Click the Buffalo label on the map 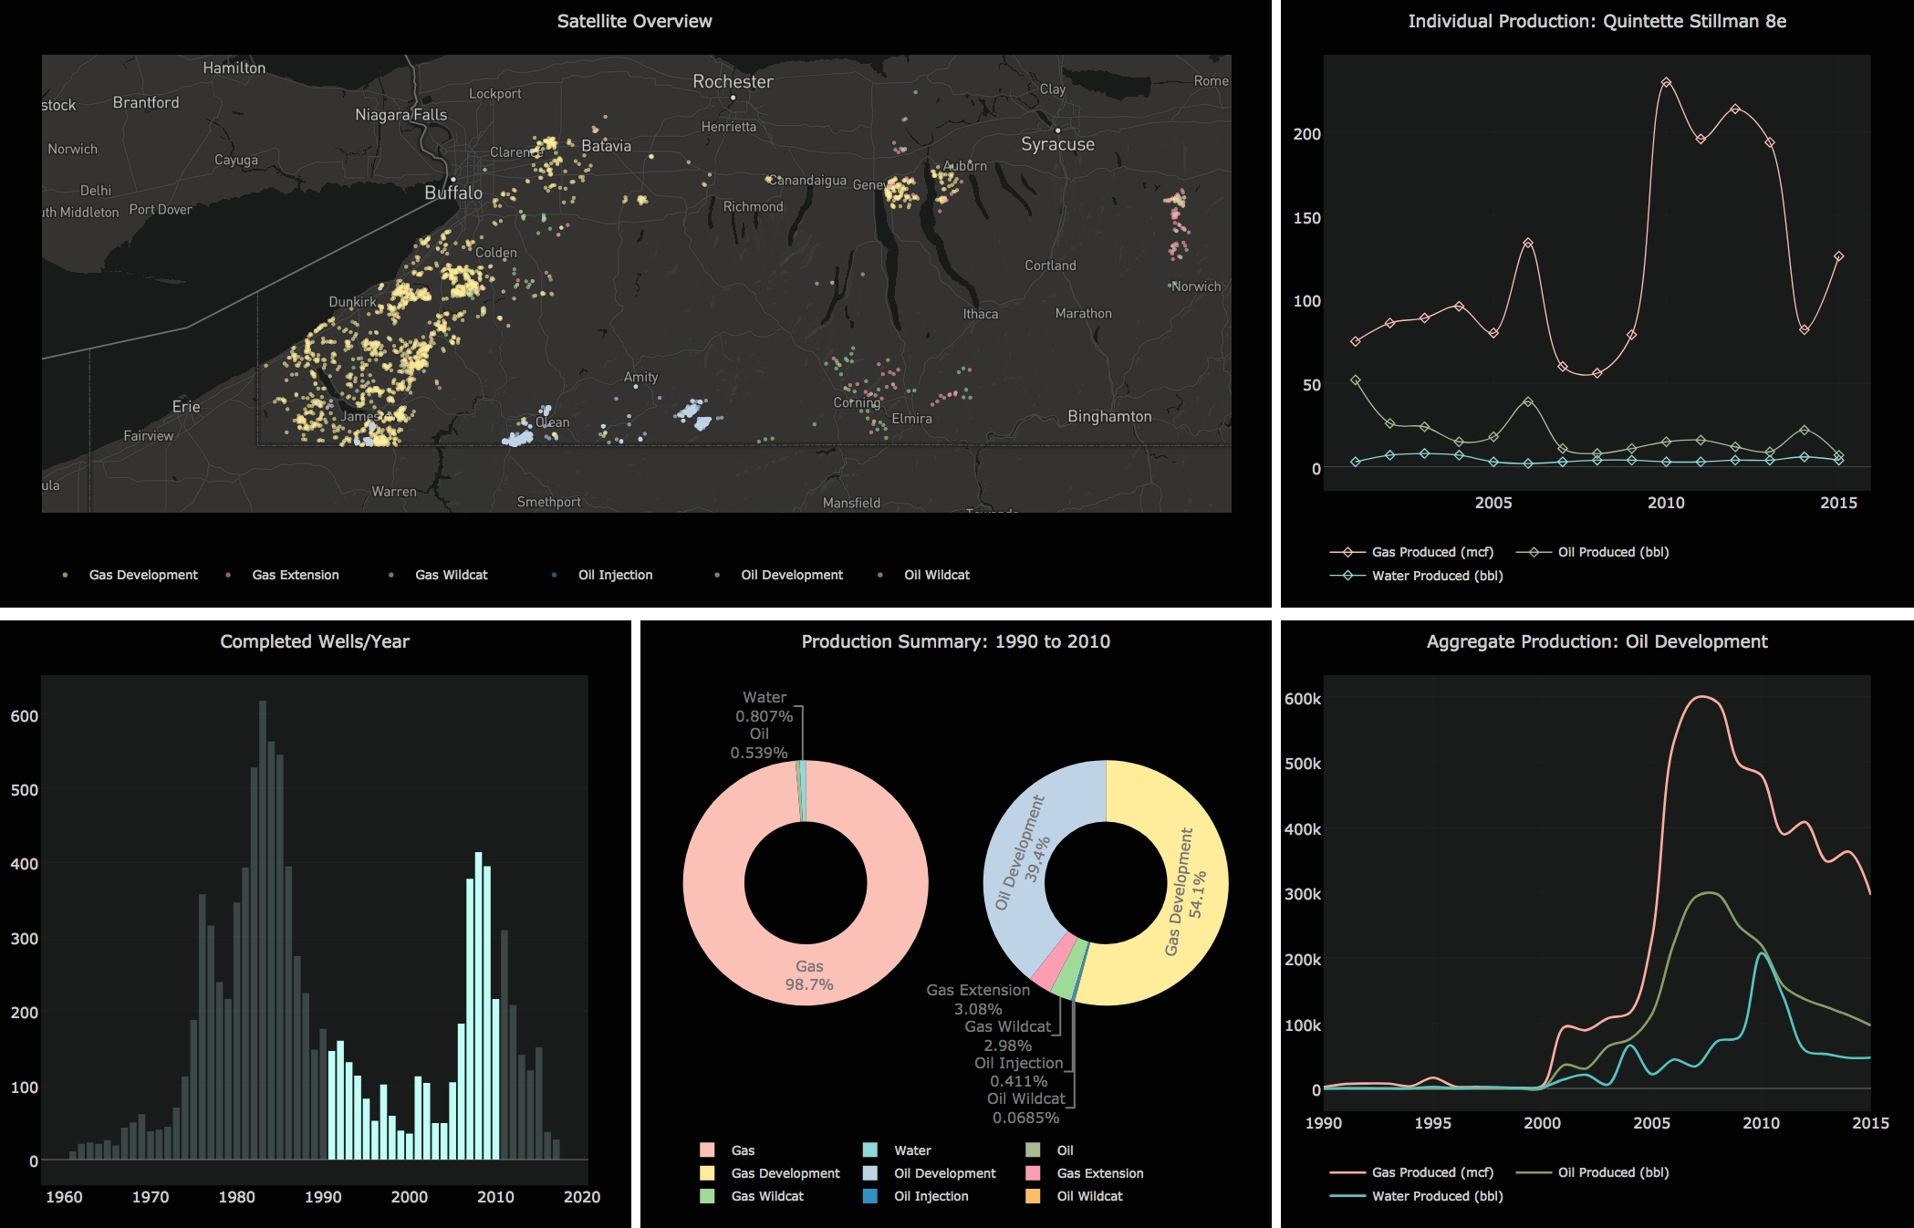click(453, 193)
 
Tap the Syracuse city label click(1057, 144)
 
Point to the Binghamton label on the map click(1109, 416)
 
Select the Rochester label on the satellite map click(733, 81)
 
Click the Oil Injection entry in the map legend click(614, 575)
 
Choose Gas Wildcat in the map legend click(451, 575)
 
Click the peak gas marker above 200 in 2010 click(1666, 83)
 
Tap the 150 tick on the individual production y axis click(1306, 218)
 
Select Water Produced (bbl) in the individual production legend click(1437, 576)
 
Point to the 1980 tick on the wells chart click(236, 1197)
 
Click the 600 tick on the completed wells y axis click(25, 716)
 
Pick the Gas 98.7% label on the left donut click(809, 975)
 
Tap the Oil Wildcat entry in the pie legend click(1089, 1196)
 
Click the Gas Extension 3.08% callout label click(978, 999)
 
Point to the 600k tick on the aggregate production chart click(1302, 699)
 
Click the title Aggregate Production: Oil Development click(1597, 641)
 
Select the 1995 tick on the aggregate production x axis click(1432, 1123)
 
